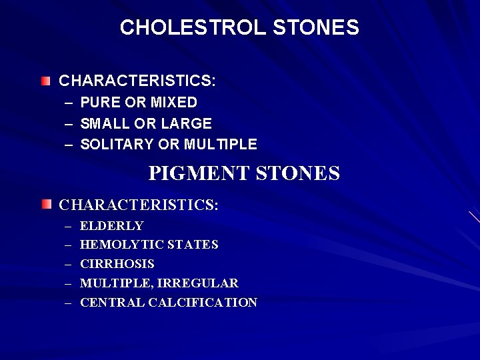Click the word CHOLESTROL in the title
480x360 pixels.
click(x=193, y=27)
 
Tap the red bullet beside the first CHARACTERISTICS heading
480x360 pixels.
click(x=45, y=81)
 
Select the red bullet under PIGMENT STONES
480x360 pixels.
click(x=45, y=204)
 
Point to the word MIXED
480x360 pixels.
click(x=173, y=103)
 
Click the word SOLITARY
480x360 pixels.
click(x=117, y=144)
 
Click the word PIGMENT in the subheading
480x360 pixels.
click(x=197, y=173)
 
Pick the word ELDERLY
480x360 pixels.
click(x=111, y=226)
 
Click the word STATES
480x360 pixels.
click(x=193, y=245)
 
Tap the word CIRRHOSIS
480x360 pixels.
click(x=117, y=264)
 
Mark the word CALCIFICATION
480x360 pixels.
click(x=203, y=303)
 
